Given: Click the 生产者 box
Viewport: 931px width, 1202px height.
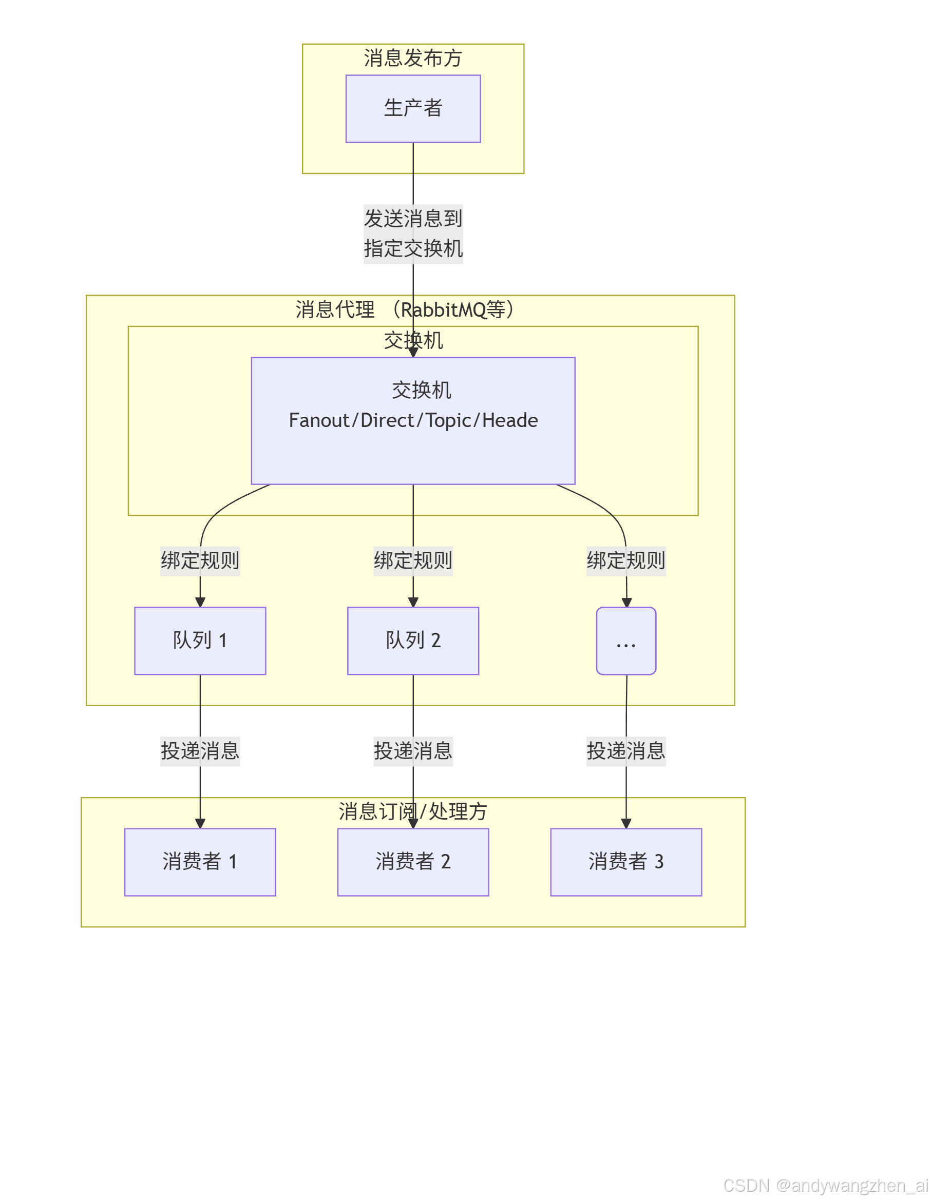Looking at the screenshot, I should point(413,108).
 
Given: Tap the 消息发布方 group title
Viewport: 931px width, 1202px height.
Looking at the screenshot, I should point(413,58).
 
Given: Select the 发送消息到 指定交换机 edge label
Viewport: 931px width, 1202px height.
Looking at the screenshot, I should point(413,234).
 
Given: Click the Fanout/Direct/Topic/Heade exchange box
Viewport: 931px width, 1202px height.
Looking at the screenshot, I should point(413,420).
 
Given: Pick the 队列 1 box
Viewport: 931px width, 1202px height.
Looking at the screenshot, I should point(200,641).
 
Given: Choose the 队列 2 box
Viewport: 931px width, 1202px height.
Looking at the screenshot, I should point(413,641).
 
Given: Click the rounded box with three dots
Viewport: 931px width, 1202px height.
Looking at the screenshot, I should point(626,641).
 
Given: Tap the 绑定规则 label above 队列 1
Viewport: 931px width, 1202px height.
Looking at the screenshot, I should point(200,561).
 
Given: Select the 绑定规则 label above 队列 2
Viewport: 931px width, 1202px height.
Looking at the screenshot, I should point(413,561).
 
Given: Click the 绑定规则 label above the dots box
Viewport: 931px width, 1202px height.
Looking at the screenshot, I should point(626,561).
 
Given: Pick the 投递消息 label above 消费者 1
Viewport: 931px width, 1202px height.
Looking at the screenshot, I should point(200,751).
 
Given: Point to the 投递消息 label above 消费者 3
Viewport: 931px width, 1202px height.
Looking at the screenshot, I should point(626,751).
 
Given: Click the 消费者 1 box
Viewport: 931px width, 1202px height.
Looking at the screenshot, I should point(200,862).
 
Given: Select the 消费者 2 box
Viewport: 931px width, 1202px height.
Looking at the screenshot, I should point(413,862).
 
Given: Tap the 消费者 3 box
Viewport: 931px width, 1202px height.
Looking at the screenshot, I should point(626,862).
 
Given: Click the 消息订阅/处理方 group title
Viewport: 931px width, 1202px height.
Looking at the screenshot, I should point(413,811).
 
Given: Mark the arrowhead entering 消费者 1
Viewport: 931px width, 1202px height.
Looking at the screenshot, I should point(200,823).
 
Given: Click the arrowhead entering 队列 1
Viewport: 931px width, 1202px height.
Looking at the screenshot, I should point(200,602).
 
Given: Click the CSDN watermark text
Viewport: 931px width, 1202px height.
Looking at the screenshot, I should point(825,1185).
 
